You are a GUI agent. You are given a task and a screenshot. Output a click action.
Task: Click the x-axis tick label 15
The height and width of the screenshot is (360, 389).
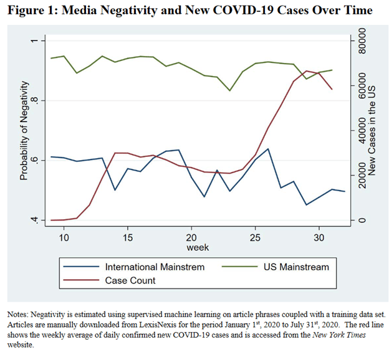coord(127,237)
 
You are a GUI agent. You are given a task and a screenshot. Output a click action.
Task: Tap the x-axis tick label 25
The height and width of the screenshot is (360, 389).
coord(255,237)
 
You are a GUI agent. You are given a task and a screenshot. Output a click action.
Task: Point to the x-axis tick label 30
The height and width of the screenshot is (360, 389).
coord(319,237)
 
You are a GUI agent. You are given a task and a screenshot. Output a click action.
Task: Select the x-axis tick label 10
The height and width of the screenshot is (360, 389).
coord(64,237)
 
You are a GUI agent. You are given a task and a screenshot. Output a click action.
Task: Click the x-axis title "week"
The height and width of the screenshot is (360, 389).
coord(198,247)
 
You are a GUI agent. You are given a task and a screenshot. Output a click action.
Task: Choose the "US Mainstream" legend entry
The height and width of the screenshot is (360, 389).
coord(295,267)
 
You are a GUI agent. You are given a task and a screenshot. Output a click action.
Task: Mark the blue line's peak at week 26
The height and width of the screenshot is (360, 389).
coord(268,149)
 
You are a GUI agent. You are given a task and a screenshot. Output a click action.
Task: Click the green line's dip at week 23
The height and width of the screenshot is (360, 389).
coord(230,90)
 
